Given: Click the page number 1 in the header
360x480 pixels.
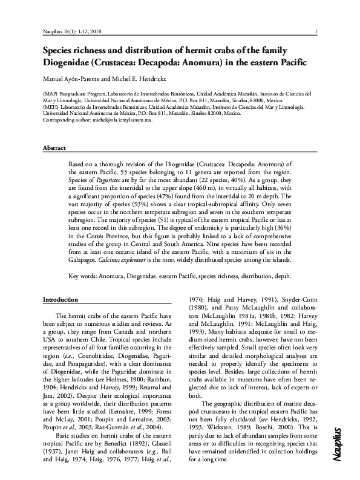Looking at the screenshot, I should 317,31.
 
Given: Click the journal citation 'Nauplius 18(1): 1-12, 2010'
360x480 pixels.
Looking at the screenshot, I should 70,31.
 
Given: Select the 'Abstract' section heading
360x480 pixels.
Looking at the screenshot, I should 54,148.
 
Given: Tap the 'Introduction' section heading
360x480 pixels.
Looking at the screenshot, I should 61,300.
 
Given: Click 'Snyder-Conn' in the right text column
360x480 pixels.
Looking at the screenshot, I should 292,299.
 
